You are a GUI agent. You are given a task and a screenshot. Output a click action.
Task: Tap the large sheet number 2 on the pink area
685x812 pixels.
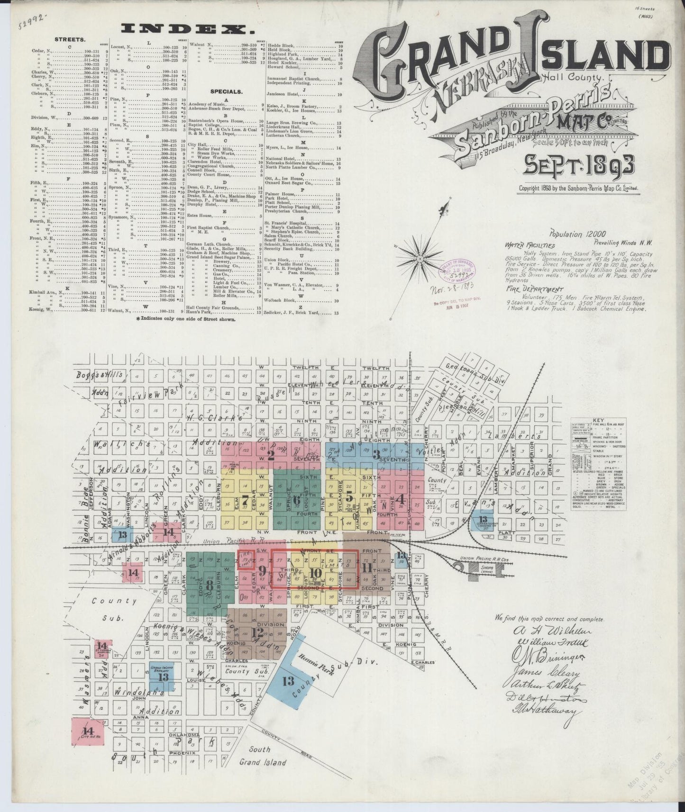pyautogui.click(x=271, y=456)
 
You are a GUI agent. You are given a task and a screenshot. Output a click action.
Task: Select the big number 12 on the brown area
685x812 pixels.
pyautogui.click(x=257, y=632)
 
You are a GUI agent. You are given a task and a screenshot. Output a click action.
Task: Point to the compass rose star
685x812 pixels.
pyautogui.click(x=420, y=259)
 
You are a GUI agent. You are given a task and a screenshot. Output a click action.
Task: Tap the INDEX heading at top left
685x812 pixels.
pyautogui.click(x=187, y=29)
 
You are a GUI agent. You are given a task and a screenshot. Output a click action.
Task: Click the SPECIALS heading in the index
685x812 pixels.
pyautogui.click(x=227, y=91)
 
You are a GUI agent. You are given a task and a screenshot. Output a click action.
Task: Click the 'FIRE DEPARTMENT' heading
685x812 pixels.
pyautogui.click(x=528, y=289)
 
